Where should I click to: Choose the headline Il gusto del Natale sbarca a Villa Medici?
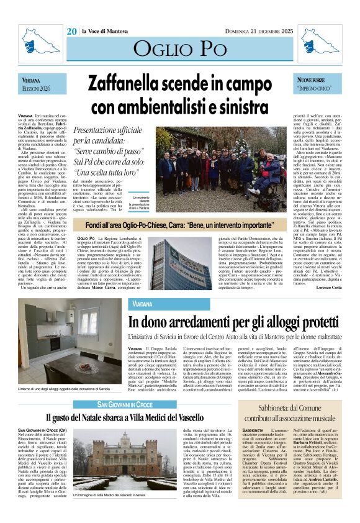pyautogui.click(x=125, y=417)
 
